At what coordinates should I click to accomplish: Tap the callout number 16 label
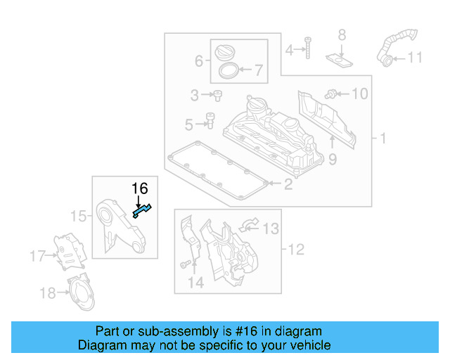pos(140,188)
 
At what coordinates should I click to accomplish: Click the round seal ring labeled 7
pos(227,70)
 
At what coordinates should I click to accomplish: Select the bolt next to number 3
pos(218,94)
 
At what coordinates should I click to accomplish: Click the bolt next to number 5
pos(209,122)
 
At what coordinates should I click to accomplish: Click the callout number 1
pos(383,139)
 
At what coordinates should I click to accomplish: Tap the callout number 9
pos(332,160)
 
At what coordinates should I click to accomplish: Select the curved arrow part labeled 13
pos(248,225)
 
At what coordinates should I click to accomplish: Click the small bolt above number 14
pos(184,264)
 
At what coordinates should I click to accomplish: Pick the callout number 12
pos(296,248)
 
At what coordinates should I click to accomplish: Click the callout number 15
pos(79,216)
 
